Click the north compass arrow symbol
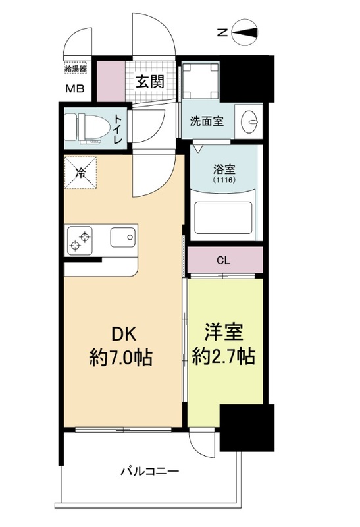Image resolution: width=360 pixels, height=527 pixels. coord(245,30)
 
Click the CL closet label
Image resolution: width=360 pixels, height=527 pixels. coord(224,260)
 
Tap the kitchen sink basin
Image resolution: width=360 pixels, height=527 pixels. coord(122,238)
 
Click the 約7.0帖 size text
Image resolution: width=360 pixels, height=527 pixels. coord(120,358)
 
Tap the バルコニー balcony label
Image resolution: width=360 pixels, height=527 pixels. coord(149,472)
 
